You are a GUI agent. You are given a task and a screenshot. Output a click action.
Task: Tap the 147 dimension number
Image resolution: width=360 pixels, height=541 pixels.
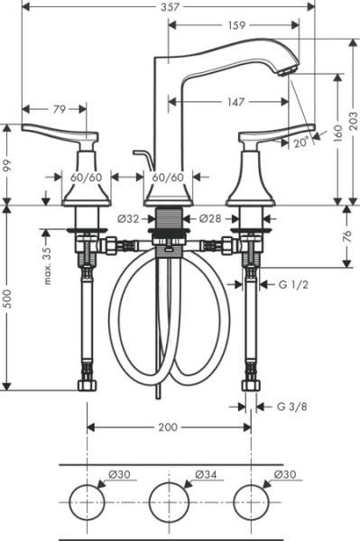(236, 103)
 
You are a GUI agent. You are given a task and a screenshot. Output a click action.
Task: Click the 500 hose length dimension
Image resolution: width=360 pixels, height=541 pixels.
(7, 298)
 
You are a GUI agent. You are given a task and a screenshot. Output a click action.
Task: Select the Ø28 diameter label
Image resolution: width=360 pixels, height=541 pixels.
(210, 217)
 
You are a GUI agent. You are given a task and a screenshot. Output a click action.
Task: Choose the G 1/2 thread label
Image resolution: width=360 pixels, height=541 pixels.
(294, 285)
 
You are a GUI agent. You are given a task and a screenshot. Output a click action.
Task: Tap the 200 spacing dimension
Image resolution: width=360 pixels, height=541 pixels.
(168, 427)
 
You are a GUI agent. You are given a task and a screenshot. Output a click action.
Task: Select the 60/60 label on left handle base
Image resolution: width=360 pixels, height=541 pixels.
(87, 178)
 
